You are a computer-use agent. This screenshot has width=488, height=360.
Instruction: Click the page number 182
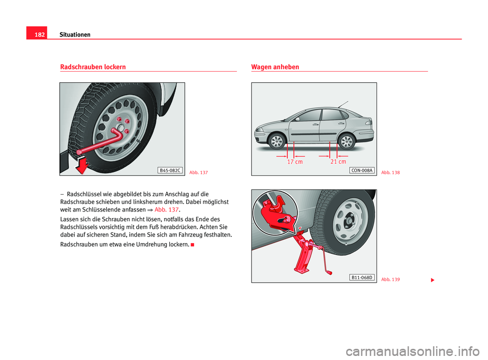click(x=36, y=35)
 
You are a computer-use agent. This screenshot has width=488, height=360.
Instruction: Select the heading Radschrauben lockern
click(x=93, y=67)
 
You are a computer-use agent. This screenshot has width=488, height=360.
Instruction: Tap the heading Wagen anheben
click(x=275, y=67)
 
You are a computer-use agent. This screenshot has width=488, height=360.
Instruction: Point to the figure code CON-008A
click(x=361, y=170)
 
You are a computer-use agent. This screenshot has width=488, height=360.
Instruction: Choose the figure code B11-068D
click(x=361, y=277)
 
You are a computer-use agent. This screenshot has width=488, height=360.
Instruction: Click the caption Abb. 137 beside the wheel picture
click(x=198, y=173)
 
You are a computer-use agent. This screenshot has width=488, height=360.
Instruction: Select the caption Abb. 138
click(x=390, y=173)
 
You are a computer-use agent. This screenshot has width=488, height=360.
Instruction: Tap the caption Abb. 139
click(x=390, y=280)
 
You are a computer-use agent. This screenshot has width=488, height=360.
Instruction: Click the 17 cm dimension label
click(x=295, y=162)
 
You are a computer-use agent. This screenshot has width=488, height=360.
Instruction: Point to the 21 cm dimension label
click(x=338, y=162)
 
